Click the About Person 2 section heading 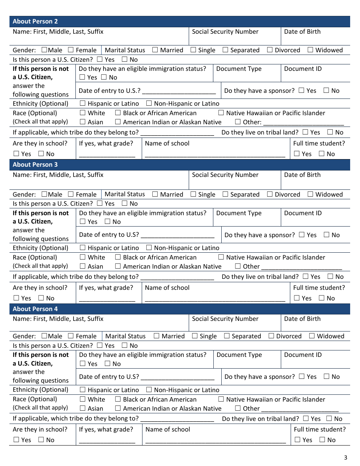pyautogui.click(x=35, y=22)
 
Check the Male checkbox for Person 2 pyautogui.click(x=44, y=50)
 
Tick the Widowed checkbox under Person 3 pyautogui.click(x=310, y=194)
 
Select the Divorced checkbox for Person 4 pyautogui.click(x=271, y=336)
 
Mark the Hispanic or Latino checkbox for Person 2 pyautogui.click(x=83, y=103)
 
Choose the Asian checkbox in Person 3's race pyautogui.click(x=83, y=266)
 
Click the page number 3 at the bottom pyautogui.click(x=345, y=458)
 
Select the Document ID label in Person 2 pyautogui.click(x=303, y=69)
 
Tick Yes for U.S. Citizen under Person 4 pyautogui.click(x=100, y=346)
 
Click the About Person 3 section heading pyautogui.click(x=35, y=165)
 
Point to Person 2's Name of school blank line pyautogui.click(x=215, y=154)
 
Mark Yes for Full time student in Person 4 pyautogui.click(x=297, y=440)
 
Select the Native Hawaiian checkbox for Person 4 pyautogui.click(x=221, y=399)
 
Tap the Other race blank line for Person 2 pyautogui.click(x=304, y=122)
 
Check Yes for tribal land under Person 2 pyautogui.click(x=305, y=132)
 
